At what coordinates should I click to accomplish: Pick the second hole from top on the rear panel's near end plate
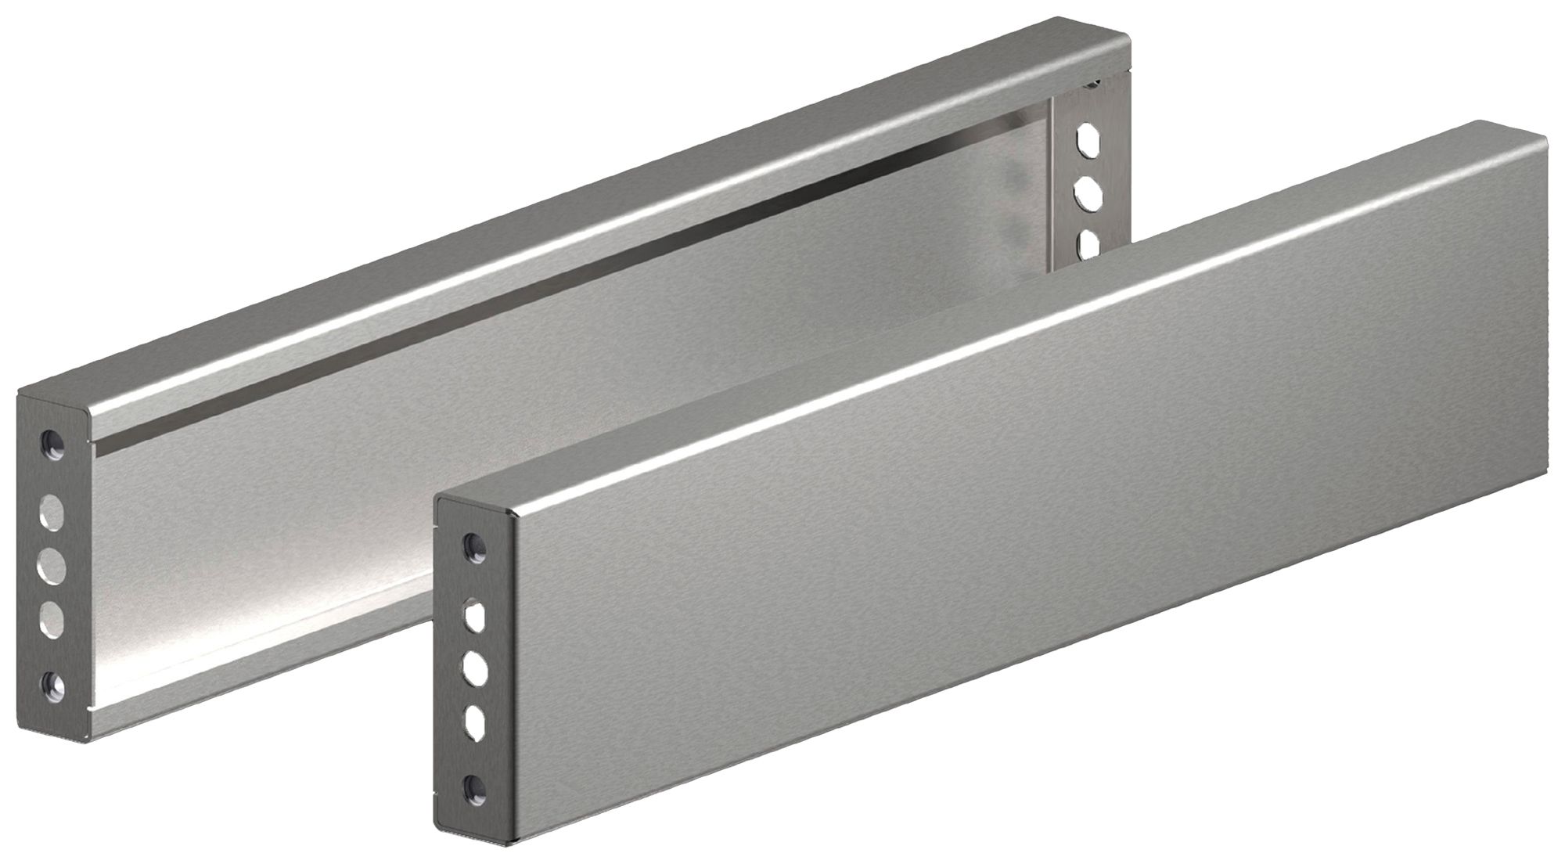(52, 513)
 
